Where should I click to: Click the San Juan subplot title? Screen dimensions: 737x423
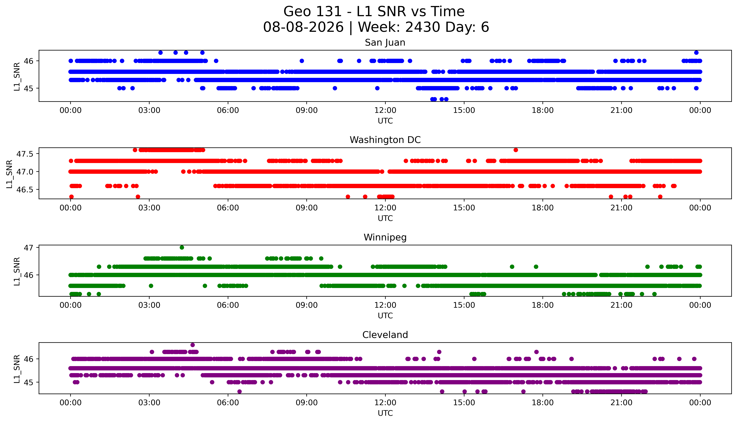tap(385, 43)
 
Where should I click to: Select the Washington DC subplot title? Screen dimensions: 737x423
tap(385, 140)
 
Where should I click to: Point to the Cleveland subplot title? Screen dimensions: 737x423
tap(385, 335)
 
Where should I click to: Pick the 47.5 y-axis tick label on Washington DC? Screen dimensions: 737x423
tap(25, 154)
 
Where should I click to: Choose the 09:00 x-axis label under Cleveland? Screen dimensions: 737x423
tap(307, 403)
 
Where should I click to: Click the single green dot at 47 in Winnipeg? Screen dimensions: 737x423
tap(182, 248)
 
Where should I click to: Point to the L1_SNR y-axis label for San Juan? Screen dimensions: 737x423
tap(17, 76)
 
